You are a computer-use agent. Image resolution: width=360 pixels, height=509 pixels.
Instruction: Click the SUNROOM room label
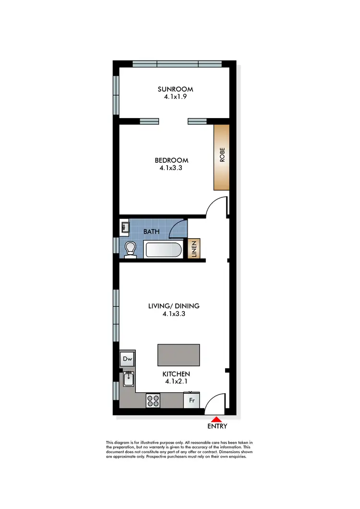click(x=176, y=89)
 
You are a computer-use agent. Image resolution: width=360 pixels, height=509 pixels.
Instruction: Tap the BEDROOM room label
click(x=171, y=160)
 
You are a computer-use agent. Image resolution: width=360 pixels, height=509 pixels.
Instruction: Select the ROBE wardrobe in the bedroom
click(x=221, y=158)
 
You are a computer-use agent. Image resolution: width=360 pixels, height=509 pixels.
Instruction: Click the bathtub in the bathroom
click(x=163, y=250)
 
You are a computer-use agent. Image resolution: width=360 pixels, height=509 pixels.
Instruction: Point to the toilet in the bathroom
click(x=130, y=249)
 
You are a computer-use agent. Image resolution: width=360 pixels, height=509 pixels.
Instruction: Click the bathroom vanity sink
click(x=124, y=227)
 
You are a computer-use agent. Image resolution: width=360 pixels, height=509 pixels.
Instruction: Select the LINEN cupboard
click(x=195, y=249)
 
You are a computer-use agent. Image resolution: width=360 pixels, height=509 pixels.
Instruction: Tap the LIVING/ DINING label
click(x=174, y=306)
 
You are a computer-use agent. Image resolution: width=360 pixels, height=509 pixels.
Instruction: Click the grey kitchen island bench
click(x=179, y=355)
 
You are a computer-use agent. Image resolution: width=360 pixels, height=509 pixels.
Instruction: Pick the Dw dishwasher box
click(x=127, y=359)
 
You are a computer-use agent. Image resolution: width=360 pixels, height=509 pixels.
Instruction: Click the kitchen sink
click(x=129, y=380)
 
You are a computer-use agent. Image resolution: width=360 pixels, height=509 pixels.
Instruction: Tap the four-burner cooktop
click(x=154, y=400)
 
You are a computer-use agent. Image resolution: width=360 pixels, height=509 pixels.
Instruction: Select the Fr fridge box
click(x=192, y=400)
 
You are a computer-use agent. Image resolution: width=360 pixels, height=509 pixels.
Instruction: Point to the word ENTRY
click(x=217, y=426)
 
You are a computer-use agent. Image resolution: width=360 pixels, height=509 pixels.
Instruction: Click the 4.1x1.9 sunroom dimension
click(x=176, y=96)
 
